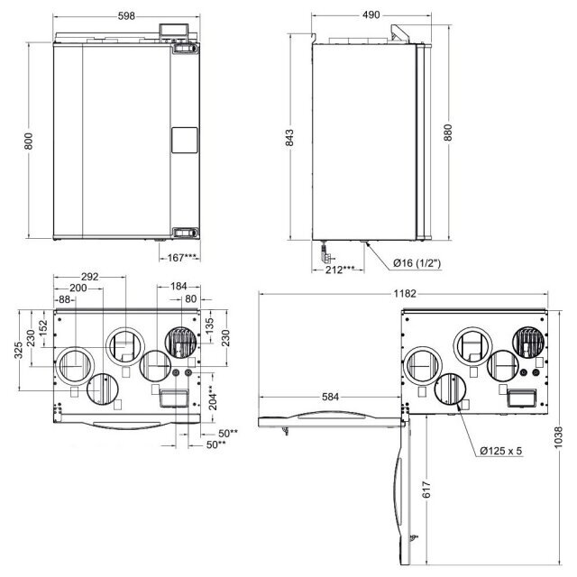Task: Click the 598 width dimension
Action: (x=126, y=16)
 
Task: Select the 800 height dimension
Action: (x=28, y=141)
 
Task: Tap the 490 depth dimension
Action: (x=371, y=15)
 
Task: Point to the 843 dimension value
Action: (x=289, y=138)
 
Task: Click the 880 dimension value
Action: (x=448, y=133)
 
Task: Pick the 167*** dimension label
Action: (x=182, y=258)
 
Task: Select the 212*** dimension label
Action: (x=340, y=270)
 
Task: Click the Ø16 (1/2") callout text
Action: (x=417, y=263)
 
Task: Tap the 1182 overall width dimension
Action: (x=405, y=294)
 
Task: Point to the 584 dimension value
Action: (x=331, y=397)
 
